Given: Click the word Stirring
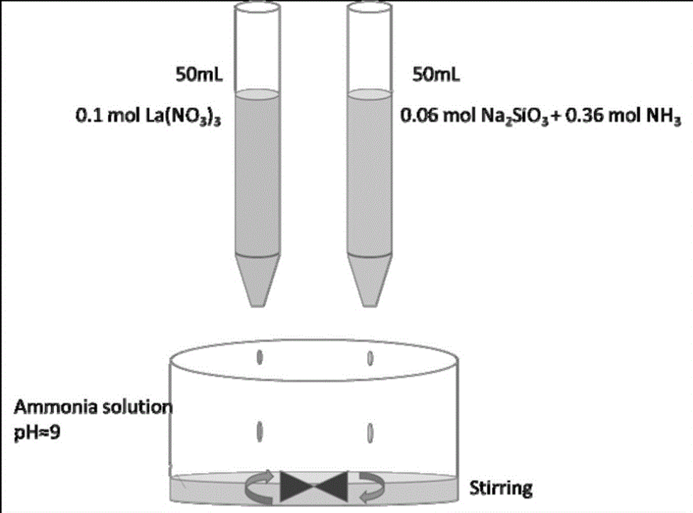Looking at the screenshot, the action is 501,487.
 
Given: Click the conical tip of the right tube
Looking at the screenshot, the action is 369,281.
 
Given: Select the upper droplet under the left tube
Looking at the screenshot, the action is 259,355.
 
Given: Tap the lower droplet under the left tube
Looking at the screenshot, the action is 259,430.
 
